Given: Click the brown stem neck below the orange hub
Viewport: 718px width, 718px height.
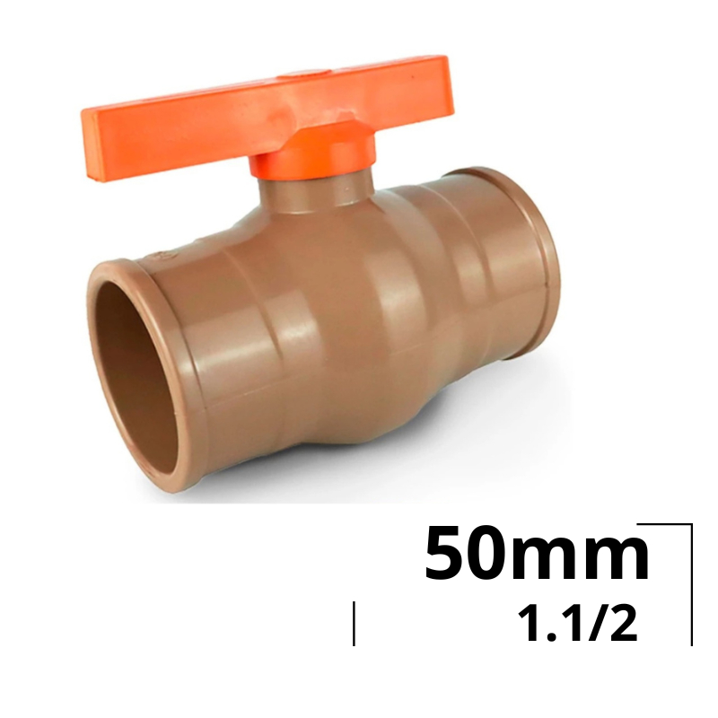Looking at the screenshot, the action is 316,197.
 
